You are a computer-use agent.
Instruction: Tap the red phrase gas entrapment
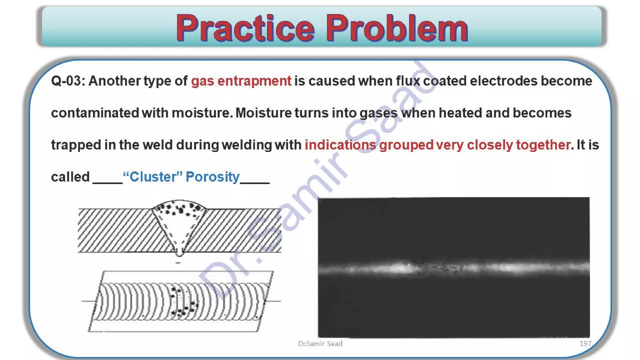coord(241,81)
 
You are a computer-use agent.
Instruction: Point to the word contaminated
coord(95,113)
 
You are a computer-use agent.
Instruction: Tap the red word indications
coord(340,145)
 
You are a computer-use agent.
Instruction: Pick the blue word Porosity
coord(212,177)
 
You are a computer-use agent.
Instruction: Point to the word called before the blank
coord(70,177)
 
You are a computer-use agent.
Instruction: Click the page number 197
coord(585,343)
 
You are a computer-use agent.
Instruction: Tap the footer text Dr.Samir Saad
coord(320,343)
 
